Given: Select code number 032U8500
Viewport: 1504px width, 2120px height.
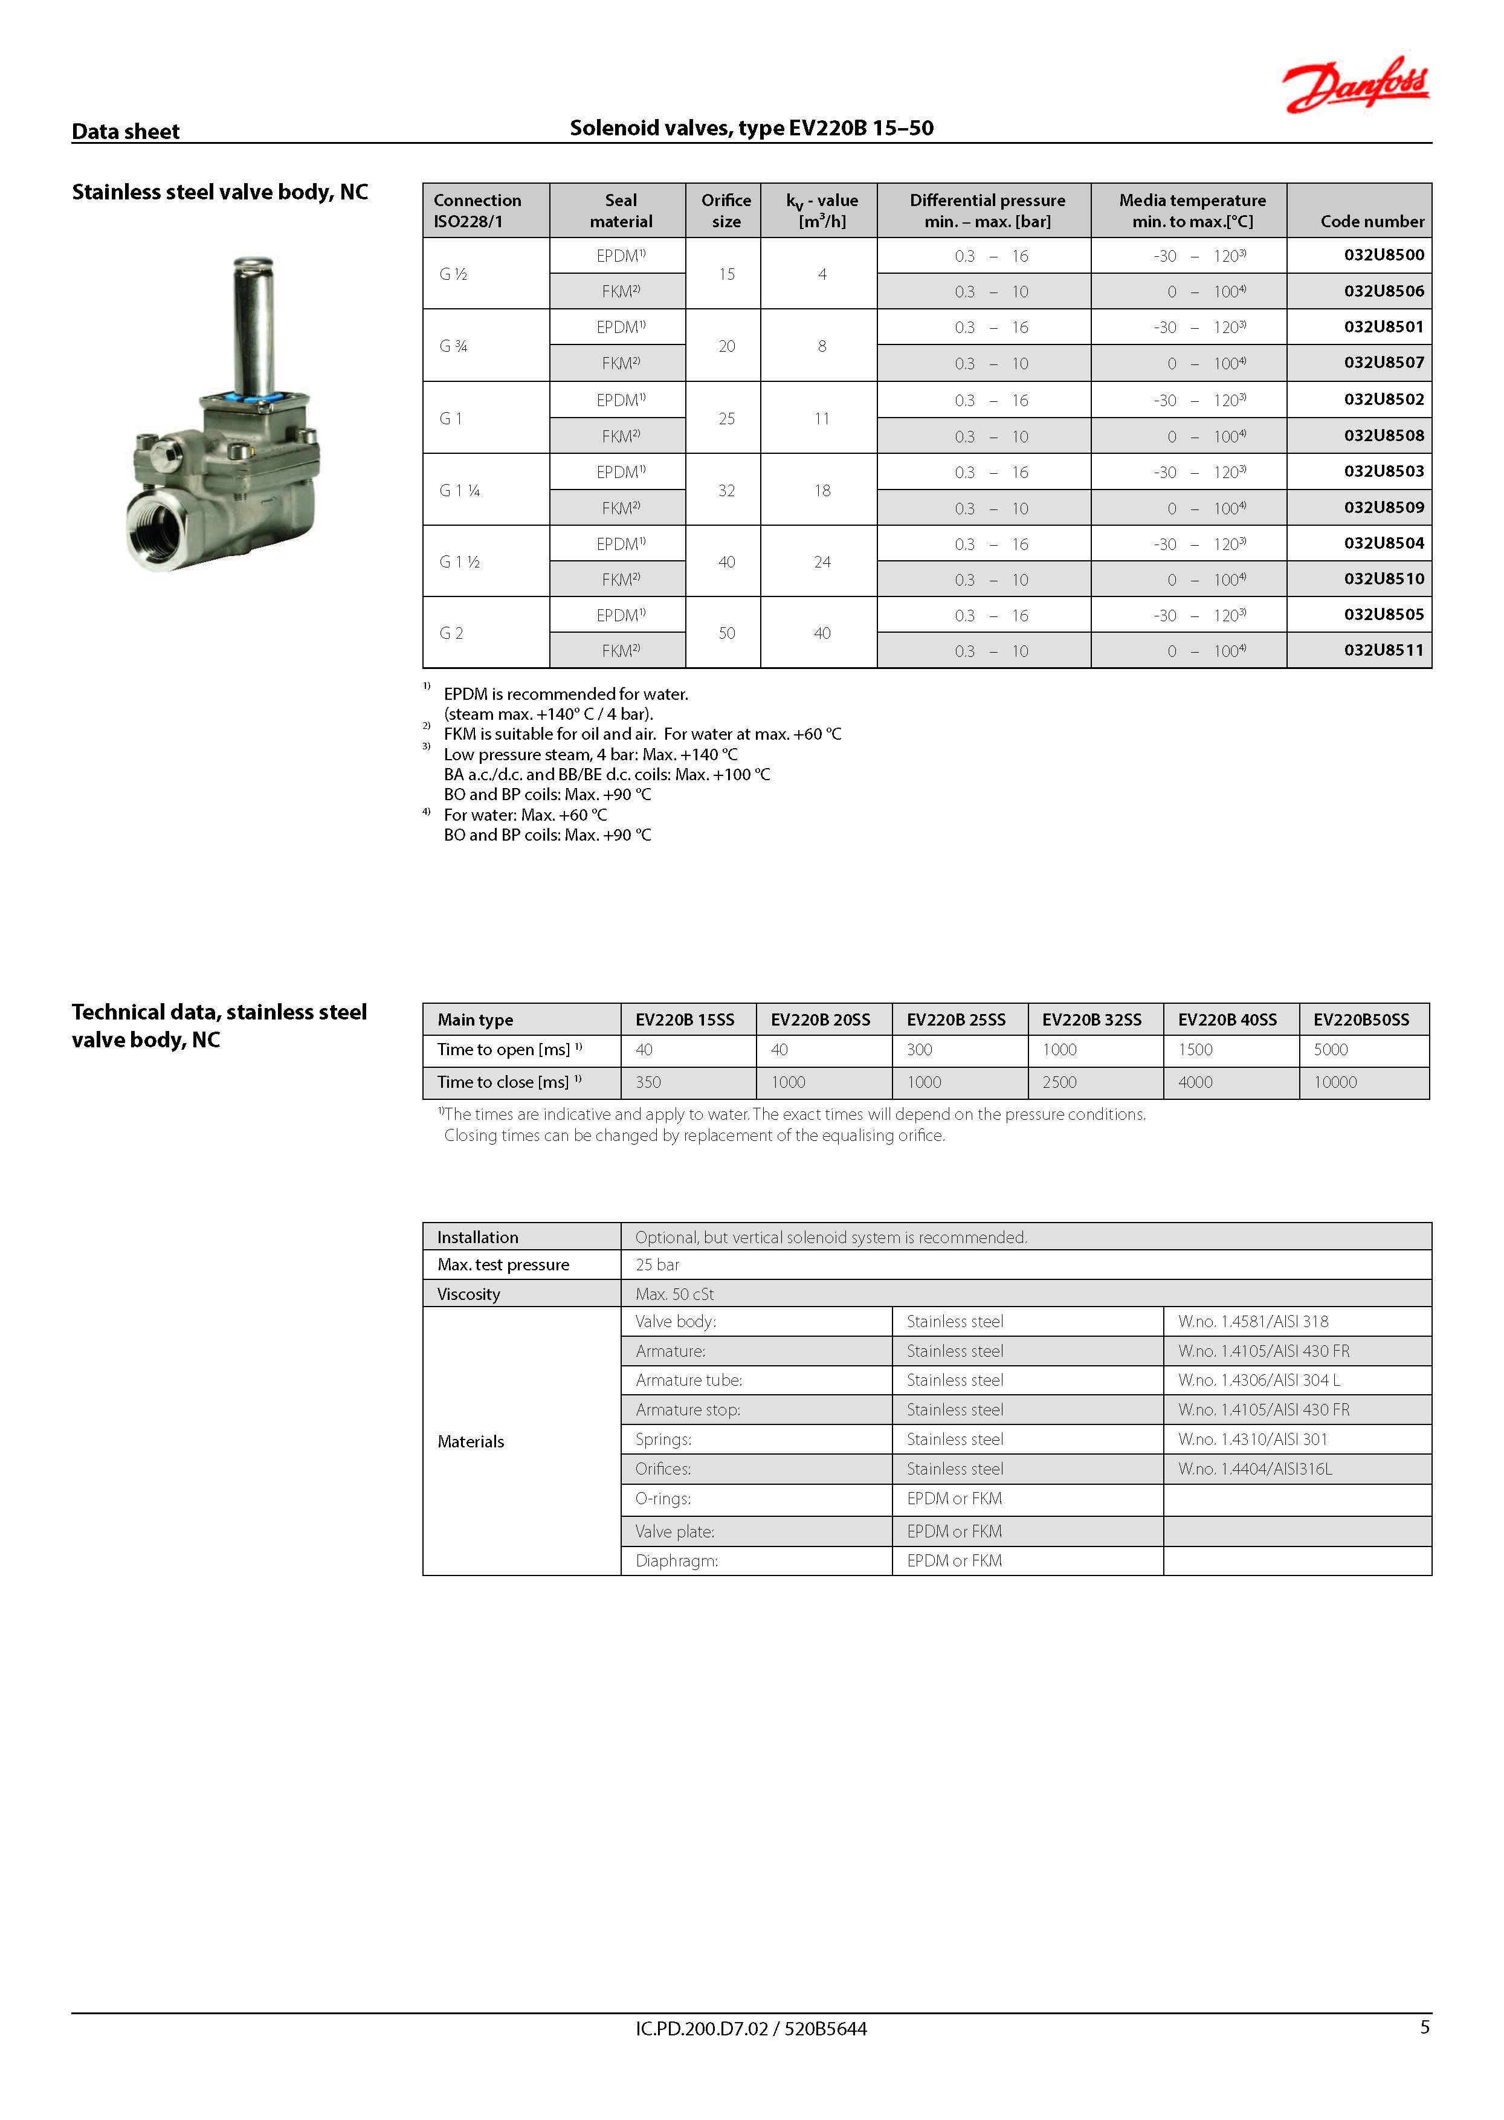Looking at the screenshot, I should click(1384, 254).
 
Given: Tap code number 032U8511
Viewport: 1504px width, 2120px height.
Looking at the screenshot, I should click(1384, 650).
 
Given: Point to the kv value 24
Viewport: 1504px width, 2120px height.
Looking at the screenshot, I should click(821, 562).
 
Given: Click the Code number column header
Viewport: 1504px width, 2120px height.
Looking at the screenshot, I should click(1372, 221).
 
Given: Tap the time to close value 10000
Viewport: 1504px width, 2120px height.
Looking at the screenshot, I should click(1335, 1082).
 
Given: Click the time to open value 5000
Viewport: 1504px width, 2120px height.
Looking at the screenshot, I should click(1330, 1049).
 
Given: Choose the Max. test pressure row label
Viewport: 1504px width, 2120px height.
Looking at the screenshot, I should click(503, 1264).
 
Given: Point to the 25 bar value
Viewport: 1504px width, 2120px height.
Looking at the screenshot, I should click(657, 1264).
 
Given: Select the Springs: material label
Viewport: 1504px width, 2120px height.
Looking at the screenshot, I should click(663, 1440).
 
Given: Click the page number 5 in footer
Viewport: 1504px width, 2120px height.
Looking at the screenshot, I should click(1424, 2028).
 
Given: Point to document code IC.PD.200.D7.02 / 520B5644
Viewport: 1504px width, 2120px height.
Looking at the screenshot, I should click(750, 2029).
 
